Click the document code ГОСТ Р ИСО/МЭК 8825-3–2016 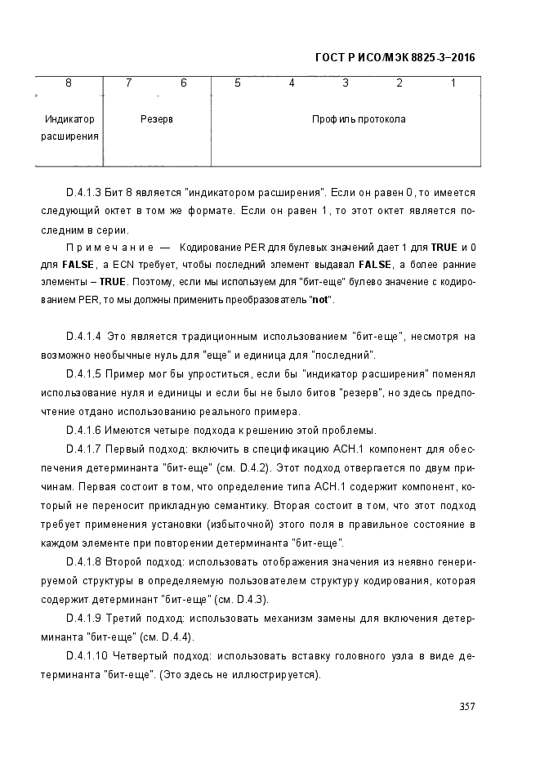tap(395, 58)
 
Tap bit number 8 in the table tap(69, 83)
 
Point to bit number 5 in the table tap(238, 83)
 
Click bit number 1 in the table tap(453, 83)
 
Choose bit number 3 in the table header tap(346, 83)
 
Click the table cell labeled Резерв tap(157, 119)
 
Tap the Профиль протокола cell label tap(359, 119)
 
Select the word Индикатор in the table tap(69, 119)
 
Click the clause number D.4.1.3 tap(83, 193)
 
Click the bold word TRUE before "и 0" tap(444, 247)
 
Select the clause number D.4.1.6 tap(83, 431)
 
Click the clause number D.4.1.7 tap(83, 449)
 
